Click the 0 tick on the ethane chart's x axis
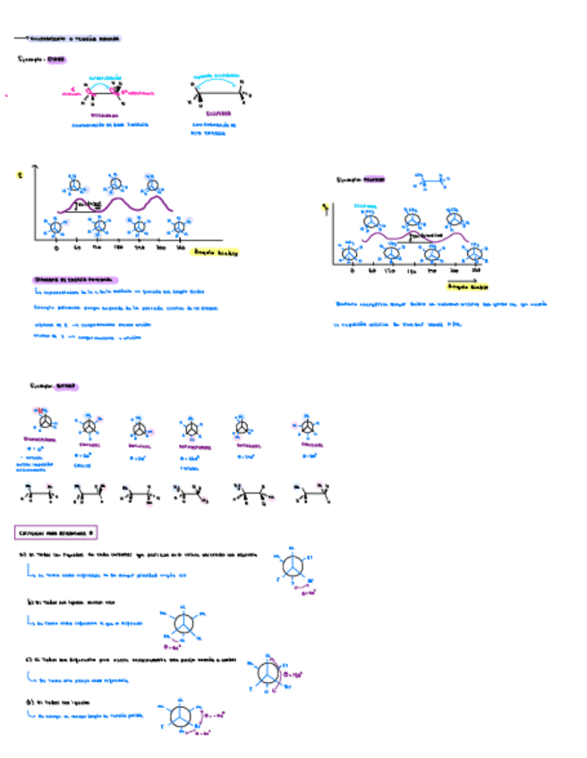pyautogui.click(x=55, y=248)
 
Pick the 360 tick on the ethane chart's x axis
pyautogui.click(x=181, y=248)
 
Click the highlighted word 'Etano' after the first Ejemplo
pyautogui.click(x=56, y=60)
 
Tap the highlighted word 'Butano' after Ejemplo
pyautogui.click(x=65, y=387)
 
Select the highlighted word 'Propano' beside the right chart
pyautogui.click(x=375, y=179)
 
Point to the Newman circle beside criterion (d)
pyautogui.click(x=179, y=717)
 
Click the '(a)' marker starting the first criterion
pyautogui.click(x=24, y=554)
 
